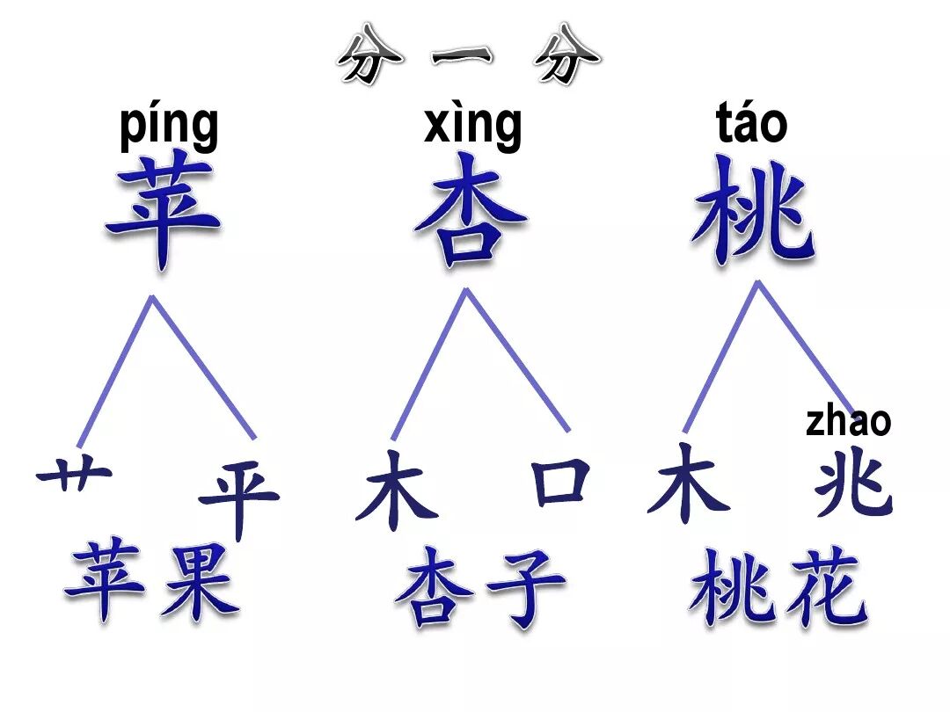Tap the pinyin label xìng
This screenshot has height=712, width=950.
pyautogui.click(x=472, y=126)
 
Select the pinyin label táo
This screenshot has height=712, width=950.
pyautogui.click(x=751, y=125)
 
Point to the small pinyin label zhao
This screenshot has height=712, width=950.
pyautogui.click(x=848, y=421)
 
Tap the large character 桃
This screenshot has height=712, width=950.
pyautogui.click(x=753, y=211)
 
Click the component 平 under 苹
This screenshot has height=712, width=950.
pyautogui.click(x=237, y=498)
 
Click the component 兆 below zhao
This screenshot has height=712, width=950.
pyautogui.click(x=852, y=489)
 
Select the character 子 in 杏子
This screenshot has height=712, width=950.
pyautogui.click(x=525, y=585)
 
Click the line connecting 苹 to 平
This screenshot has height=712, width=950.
pyautogui.click(x=204, y=367)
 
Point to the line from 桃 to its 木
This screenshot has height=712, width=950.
pyautogui.click(x=721, y=356)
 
